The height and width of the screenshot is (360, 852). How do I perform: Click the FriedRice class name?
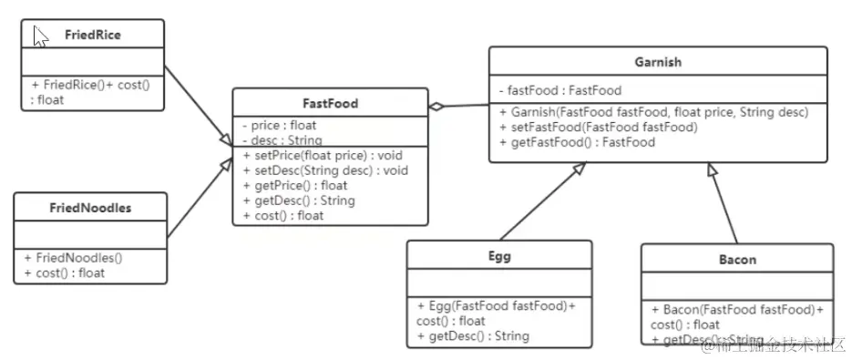click(x=93, y=36)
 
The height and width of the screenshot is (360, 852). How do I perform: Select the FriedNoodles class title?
click(x=91, y=208)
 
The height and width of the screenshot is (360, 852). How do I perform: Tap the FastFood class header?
click(x=330, y=103)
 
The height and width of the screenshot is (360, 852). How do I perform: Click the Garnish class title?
click(x=658, y=62)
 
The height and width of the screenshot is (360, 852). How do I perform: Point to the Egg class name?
click(x=499, y=256)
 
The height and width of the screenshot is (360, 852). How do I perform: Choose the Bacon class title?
click(x=737, y=260)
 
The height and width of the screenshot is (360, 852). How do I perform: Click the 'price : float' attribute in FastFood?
click(x=279, y=125)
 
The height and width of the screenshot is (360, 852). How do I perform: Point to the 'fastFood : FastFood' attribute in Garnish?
click(x=560, y=90)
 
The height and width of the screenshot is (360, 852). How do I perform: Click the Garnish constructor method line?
click(x=653, y=112)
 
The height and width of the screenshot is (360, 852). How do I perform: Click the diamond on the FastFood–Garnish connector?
click(x=438, y=107)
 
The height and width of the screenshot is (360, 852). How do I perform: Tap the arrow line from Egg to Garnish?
click(x=538, y=203)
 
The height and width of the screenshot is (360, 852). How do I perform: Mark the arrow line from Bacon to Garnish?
click(x=724, y=205)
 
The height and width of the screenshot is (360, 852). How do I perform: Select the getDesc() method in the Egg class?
click(x=473, y=336)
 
